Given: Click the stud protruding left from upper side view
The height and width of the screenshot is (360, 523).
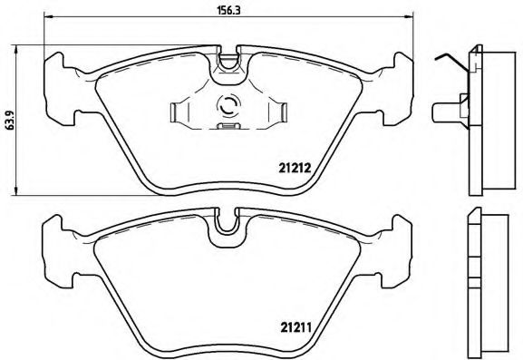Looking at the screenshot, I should (443, 114).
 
